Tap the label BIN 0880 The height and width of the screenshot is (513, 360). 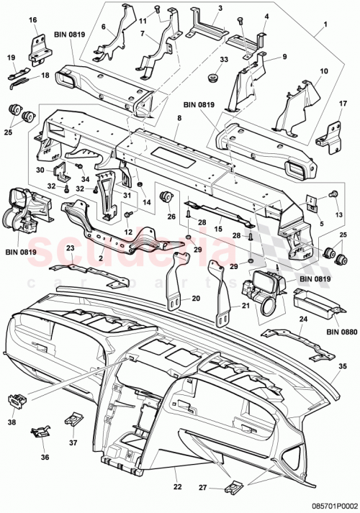[341, 332]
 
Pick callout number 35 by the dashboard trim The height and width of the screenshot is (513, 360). [343, 366]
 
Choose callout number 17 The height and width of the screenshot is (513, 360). [333, 104]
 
